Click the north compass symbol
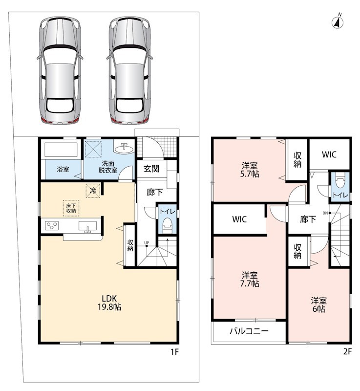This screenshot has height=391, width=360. pyautogui.click(x=338, y=22)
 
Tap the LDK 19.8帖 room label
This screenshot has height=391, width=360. pyautogui.click(x=109, y=303)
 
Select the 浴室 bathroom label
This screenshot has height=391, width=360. pyautogui.click(x=63, y=169)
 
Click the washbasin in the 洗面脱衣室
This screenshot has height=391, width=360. pyautogui.click(x=124, y=149)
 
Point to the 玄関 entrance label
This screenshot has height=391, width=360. pyautogui.click(x=151, y=169)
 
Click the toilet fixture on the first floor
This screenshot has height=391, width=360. pyautogui.click(x=167, y=225)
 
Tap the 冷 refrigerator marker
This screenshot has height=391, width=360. pyautogui.click(x=93, y=191)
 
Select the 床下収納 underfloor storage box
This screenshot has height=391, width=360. pyautogui.click(x=71, y=208)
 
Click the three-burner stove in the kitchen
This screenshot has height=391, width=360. pyautogui.click(x=52, y=225)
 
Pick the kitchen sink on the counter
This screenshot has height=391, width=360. pyautogui.click(x=87, y=226)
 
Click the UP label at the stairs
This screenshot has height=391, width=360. pyautogui.click(x=147, y=242)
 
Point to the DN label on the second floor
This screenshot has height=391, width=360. pyautogui.click(x=325, y=213)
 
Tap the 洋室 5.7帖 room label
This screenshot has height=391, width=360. pyautogui.click(x=250, y=170)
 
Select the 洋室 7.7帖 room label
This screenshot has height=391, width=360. pyautogui.click(x=250, y=280)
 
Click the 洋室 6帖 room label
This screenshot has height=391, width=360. pyautogui.click(x=318, y=304)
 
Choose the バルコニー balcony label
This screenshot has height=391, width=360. pyautogui.click(x=249, y=331)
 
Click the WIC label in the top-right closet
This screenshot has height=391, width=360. pyautogui.click(x=329, y=154)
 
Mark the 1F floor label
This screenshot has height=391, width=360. pyautogui.click(x=175, y=351)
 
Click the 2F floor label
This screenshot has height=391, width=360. pyautogui.click(x=347, y=351)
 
